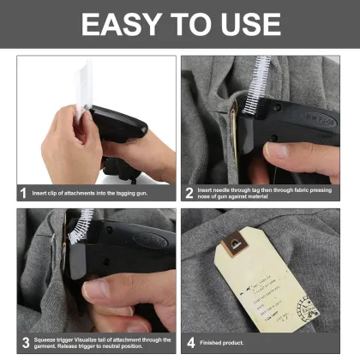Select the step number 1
coord(23,193)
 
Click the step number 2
coord(189,193)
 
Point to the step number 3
coord(23,341)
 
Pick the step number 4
coord(189,341)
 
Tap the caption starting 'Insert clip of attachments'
coord(86,193)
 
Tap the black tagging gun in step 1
coord(124,129)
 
